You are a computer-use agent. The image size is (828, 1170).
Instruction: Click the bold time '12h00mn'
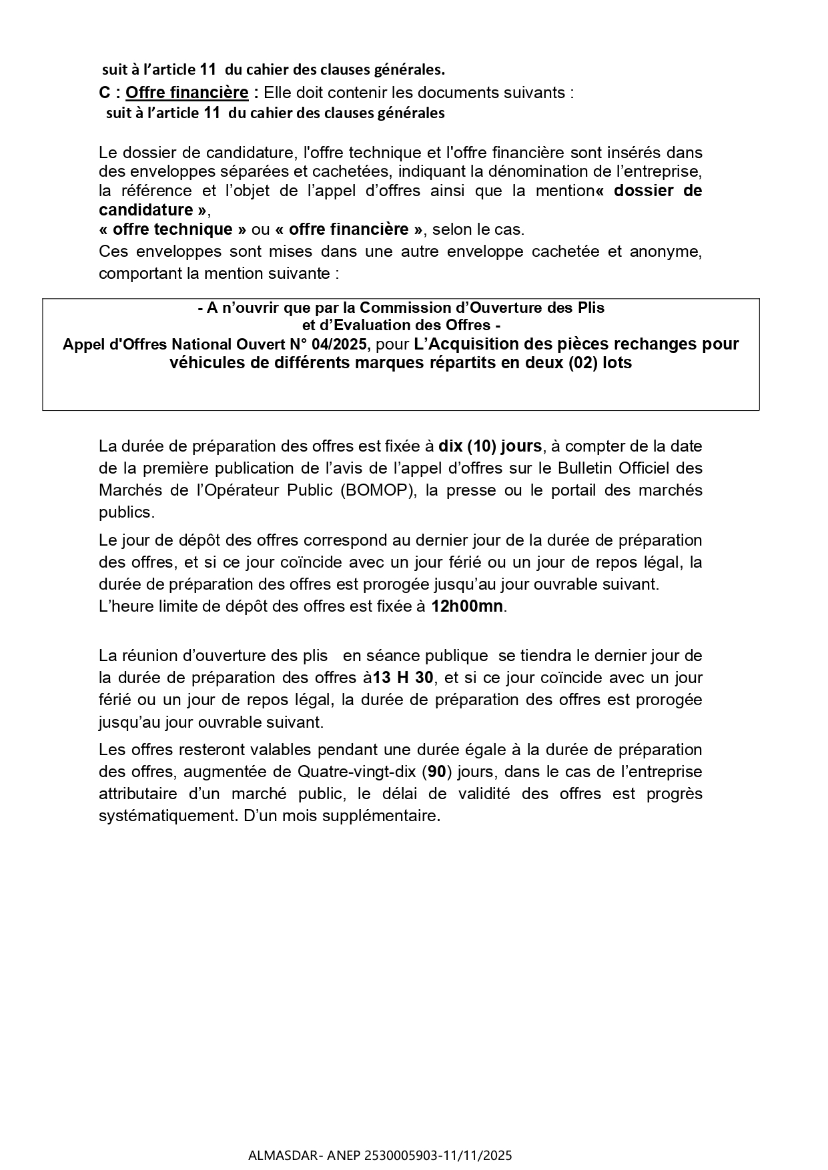click(467, 606)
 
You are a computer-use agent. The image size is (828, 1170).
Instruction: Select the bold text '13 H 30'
click(403, 678)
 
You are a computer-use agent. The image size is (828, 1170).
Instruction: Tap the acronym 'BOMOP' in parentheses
click(374, 490)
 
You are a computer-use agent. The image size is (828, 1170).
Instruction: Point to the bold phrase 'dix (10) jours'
click(490, 446)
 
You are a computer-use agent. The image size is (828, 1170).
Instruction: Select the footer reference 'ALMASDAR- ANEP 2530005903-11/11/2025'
click(380, 1155)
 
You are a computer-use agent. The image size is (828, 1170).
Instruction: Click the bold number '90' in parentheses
click(436, 772)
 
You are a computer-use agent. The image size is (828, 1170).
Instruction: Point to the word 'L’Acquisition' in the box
click(464, 344)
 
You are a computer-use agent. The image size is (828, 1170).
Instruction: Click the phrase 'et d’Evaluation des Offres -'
click(401, 326)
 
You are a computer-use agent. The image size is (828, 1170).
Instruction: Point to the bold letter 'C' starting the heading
click(105, 92)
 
